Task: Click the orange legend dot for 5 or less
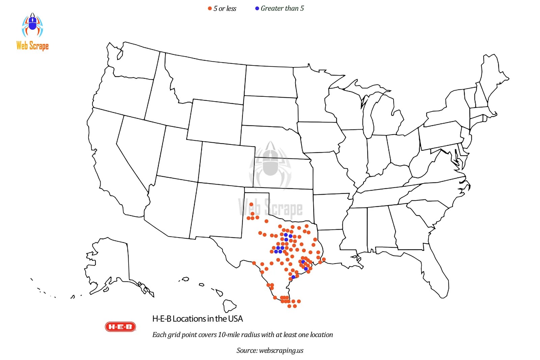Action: coord(210,8)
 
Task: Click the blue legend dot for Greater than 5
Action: coord(257,8)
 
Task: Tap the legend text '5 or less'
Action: coord(225,8)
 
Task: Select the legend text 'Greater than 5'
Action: coord(282,8)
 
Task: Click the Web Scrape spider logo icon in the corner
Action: coord(32,25)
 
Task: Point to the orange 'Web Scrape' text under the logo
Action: coord(32,46)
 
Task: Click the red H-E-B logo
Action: coord(120,327)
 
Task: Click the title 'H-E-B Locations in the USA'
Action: coord(197,319)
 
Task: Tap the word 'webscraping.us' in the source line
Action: coord(281,351)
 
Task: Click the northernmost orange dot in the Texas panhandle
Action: coord(251,204)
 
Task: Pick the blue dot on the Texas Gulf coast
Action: coord(293,277)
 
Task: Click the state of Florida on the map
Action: coord(435,270)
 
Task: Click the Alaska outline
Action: coord(111,263)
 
